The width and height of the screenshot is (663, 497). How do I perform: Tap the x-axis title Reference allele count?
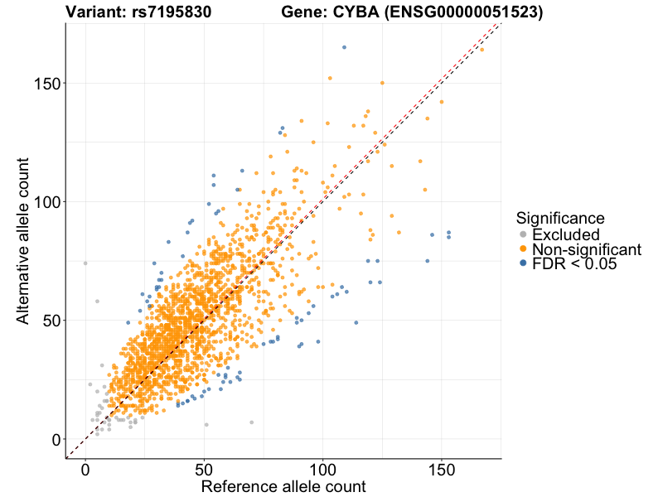click(x=283, y=486)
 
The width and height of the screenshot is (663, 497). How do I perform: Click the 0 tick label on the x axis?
click(x=85, y=469)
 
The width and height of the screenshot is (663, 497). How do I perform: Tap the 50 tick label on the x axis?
click(x=204, y=469)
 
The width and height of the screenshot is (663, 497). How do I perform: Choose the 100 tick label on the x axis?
click(x=322, y=469)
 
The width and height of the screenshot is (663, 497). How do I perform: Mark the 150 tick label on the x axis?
click(x=441, y=469)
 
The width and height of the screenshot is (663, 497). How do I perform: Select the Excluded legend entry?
click(x=565, y=234)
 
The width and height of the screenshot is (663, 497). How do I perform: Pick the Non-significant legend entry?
click(x=586, y=249)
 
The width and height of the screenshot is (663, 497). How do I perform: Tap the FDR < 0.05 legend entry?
click(x=574, y=264)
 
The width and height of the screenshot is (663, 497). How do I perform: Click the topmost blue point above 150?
click(x=344, y=47)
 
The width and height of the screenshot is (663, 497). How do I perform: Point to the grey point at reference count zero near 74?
click(x=85, y=263)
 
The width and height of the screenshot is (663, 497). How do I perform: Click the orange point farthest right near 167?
click(x=482, y=50)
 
